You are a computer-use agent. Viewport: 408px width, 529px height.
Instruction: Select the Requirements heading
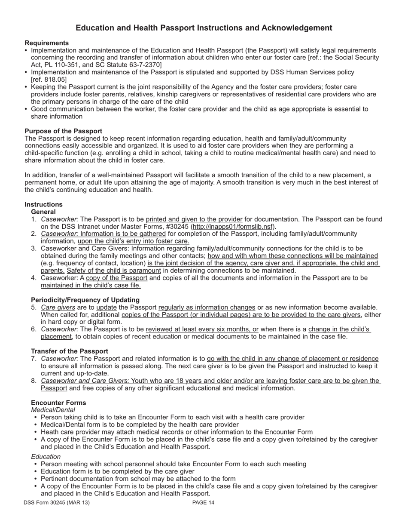point(46,43)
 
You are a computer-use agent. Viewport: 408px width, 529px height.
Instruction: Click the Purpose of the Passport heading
point(63,131)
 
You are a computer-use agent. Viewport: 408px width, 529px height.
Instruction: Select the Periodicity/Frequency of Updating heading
point(85,300)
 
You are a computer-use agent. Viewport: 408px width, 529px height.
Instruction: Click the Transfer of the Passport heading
point(69,351)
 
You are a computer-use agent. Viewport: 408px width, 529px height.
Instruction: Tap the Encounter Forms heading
point(58,403)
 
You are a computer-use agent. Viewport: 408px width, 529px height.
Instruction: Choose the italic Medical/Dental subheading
point(53,410)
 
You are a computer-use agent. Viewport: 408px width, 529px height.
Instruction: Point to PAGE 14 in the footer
point(203,502)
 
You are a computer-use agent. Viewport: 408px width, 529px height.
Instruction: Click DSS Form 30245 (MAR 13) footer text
point(57,502)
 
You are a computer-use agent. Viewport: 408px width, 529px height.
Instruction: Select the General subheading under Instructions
point(43,212)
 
